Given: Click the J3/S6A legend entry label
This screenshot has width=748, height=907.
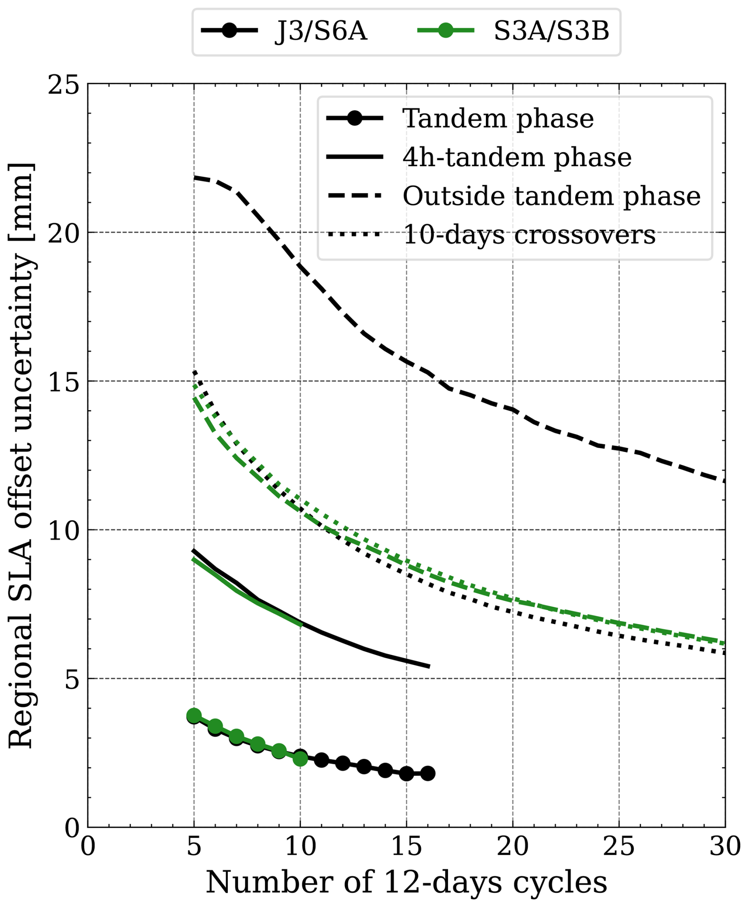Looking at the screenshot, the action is [x=321, y=32].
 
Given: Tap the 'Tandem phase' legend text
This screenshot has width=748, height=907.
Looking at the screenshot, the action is [x=498, y=119].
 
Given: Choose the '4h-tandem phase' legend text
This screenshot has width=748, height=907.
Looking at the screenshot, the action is [x=517, y=157].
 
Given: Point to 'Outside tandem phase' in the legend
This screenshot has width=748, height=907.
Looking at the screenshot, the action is [x=552, y=196].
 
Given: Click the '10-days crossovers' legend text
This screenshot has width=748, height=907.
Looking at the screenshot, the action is [x=529, y=235].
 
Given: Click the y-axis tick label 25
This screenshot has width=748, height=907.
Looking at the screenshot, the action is [x=64, y=85].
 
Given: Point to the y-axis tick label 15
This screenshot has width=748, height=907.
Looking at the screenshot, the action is [x=64, y=381].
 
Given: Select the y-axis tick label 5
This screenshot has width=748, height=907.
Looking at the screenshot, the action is [x=72, y=679].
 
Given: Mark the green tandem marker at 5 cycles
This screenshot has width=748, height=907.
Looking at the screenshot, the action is [x=194, y=716].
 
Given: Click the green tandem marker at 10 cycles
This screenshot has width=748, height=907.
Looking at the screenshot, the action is [x=300, y=758].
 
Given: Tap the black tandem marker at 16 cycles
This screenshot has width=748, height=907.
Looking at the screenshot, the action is [x=428, y=773].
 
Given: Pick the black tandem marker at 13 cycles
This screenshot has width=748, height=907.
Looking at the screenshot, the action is [x=364, y=767].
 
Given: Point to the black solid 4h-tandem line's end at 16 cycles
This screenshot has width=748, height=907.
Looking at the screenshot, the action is [x=430, y=667].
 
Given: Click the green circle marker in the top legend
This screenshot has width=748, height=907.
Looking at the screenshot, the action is [x=446, y=30].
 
